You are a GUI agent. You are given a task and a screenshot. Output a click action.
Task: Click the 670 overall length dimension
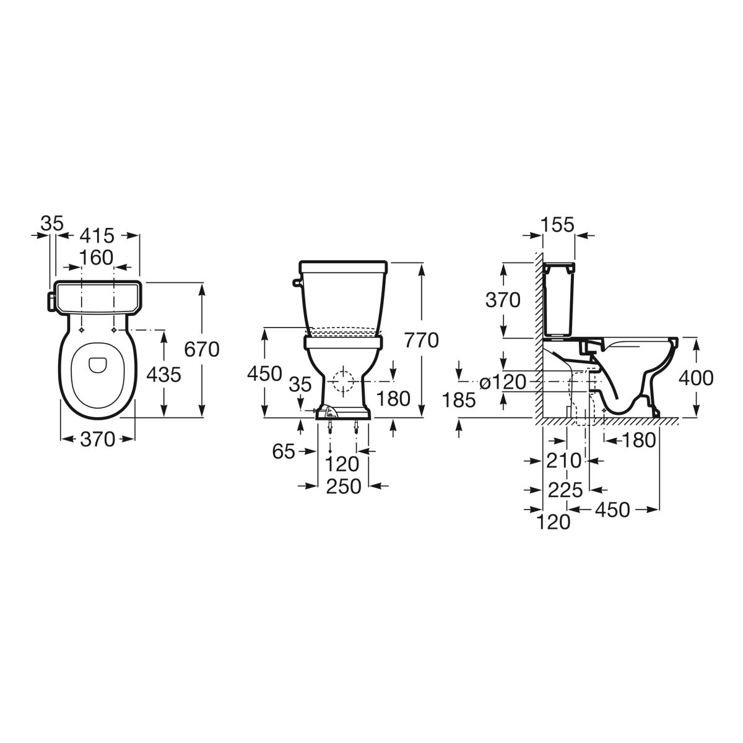point(201,350)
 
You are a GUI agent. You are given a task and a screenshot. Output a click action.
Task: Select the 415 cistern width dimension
point(98,235)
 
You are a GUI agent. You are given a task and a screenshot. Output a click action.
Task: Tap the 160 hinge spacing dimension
point(97,258)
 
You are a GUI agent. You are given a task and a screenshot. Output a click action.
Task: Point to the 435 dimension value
point(163,375)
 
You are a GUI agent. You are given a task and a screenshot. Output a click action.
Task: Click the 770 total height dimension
point(422,341)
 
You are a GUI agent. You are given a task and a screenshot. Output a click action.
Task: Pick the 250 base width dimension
point(344,486)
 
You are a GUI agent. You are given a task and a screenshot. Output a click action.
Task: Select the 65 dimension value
point(284,451)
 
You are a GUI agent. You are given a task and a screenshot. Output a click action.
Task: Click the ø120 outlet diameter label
point(503,382)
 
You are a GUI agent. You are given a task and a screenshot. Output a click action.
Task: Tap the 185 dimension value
point(458,400)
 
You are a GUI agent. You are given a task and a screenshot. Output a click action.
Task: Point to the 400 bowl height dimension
point(696,378)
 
